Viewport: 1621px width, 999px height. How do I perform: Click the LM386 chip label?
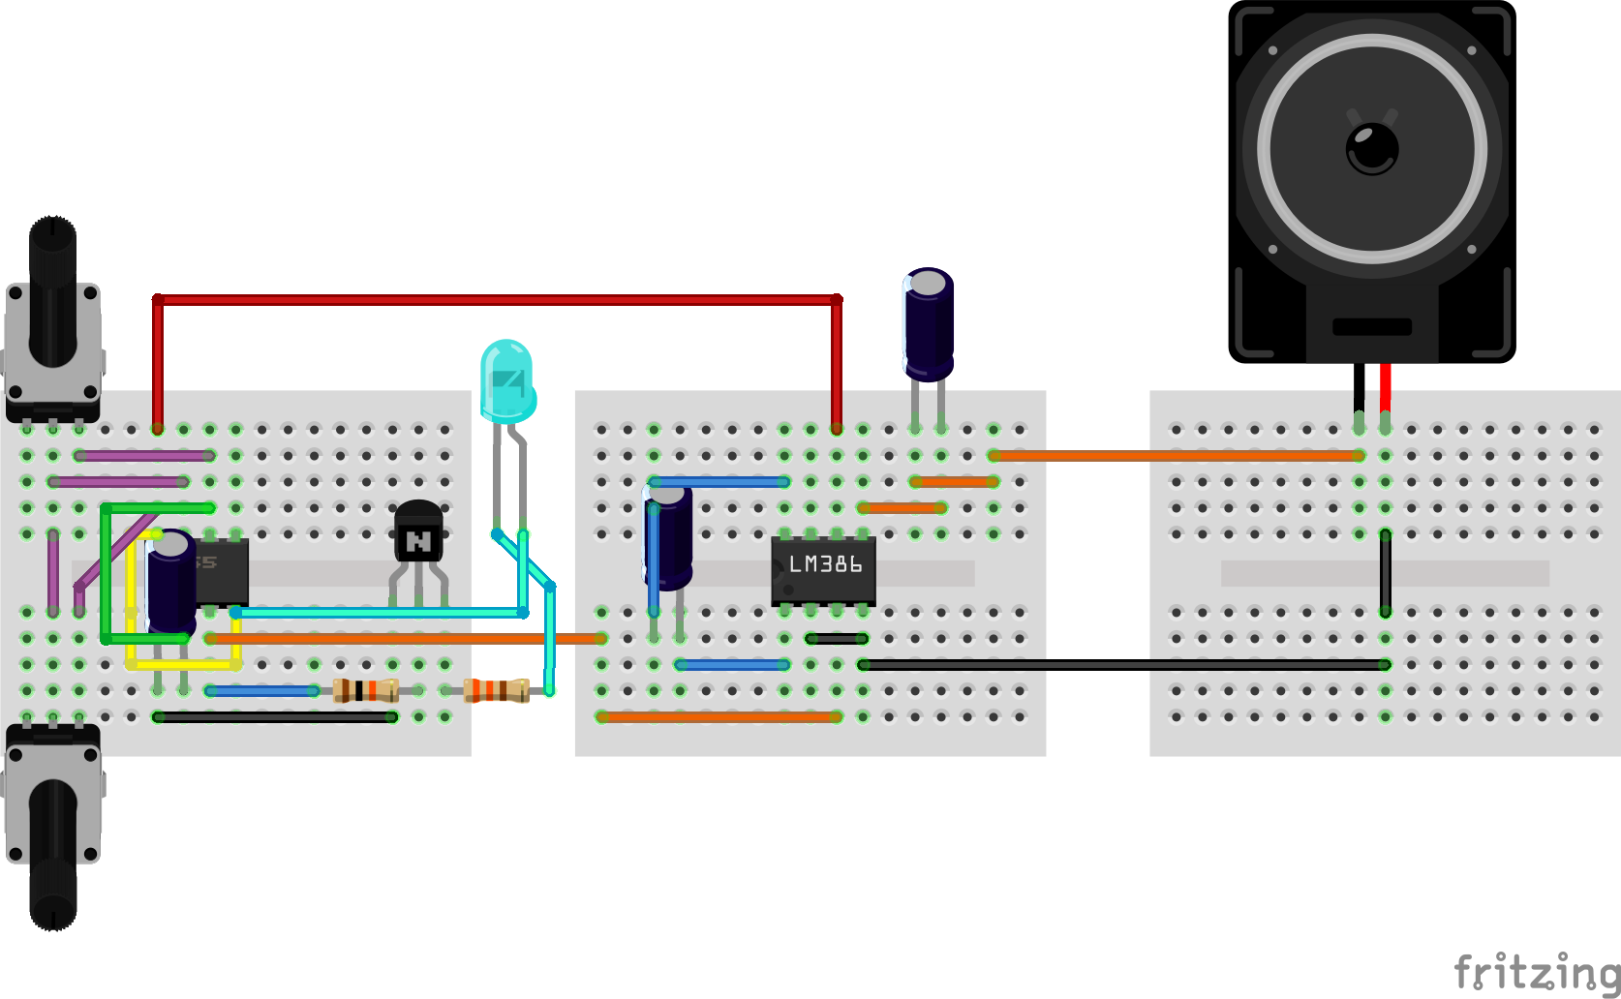(824, 564)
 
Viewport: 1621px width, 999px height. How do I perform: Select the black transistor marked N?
(418, 533)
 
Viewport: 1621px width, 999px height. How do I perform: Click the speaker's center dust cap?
(1372, 148)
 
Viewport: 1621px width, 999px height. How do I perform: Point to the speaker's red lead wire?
(1386, 387)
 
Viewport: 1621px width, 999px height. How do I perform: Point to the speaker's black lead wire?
(1360, 387)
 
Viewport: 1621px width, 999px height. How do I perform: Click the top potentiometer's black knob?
(52, 290)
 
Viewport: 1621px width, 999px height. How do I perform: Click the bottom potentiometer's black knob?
(52, 852)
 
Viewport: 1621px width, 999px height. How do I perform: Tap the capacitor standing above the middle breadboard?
(929, 324)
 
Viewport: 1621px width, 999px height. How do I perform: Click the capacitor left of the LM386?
(668, 537)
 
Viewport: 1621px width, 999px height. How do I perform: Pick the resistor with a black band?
(365, 690)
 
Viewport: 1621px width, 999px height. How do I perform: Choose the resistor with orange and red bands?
(496, 690)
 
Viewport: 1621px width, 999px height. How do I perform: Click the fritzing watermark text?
(1536, 972)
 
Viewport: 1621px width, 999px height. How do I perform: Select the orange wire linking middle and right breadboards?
(1177, 455)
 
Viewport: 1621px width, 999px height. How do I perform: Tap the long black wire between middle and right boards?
(1123, 665)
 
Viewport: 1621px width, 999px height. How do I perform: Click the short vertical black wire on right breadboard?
(1386, 573)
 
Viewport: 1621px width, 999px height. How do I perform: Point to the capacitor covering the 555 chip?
(171, 581)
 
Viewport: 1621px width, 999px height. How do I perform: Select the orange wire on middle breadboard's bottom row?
(719, 717)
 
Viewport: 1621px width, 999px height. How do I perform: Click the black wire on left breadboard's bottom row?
(275, 717)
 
